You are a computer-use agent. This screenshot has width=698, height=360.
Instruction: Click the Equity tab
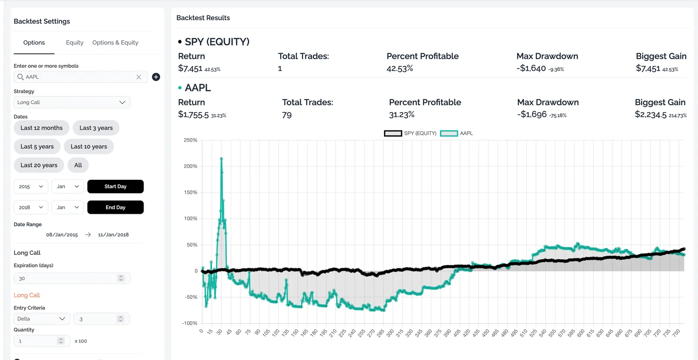75,42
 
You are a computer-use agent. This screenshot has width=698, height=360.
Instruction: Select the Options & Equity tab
115,42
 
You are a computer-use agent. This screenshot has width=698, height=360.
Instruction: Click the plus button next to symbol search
156,77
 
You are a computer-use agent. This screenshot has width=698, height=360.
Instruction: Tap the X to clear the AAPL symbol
139,77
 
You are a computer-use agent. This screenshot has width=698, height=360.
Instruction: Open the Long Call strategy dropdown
72,102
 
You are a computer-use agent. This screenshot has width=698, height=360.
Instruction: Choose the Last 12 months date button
41,128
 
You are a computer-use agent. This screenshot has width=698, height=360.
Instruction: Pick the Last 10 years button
89,147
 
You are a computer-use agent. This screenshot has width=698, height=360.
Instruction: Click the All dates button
78,165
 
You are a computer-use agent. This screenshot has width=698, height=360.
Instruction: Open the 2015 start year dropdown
31,186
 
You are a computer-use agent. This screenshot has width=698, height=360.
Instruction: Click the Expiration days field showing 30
65,278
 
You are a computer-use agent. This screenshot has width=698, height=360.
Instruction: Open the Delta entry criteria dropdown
41,319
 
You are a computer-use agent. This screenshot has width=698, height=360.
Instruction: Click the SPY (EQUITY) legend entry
411,133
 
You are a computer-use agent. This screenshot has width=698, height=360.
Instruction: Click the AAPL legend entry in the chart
457,133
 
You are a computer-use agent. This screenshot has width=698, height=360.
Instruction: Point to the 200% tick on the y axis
191,166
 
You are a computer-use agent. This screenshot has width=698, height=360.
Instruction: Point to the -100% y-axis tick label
190,323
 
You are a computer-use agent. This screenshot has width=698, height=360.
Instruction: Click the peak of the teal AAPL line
222,158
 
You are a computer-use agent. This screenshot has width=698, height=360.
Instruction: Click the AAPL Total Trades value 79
287,115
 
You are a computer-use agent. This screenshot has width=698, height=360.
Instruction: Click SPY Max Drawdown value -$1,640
531,69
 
